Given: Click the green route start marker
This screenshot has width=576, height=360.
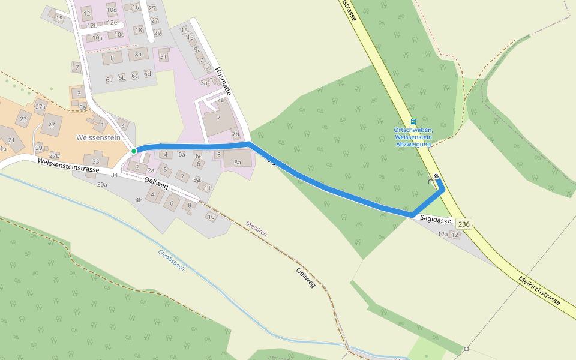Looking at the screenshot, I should pos(134,151).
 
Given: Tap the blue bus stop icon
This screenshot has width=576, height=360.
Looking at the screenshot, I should pos(413,121).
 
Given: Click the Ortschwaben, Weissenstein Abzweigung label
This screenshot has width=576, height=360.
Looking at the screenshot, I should pos(413,137).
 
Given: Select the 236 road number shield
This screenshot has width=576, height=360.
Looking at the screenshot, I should pos(464,224).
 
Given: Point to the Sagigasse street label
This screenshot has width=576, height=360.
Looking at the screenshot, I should pos(435,220).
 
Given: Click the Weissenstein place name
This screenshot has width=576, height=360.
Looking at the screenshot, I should pos(98,137).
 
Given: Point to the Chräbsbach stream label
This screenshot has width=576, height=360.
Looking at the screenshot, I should pos(171,260).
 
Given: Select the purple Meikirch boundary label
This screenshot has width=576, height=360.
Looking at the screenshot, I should pos(256,228).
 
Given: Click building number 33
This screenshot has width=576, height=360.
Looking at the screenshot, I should pos(95,161).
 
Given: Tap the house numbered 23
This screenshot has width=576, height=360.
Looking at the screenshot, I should pos(23,119).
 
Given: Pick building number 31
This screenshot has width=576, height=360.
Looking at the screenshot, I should pos(163,57).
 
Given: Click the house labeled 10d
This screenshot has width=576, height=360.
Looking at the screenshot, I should pos(112,10).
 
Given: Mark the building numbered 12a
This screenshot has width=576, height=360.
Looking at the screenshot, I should pos(443,235).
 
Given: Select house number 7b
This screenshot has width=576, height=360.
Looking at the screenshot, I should pos(235,134).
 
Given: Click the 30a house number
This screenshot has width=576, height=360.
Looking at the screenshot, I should pos(102,184).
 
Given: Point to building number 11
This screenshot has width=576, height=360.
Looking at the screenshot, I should pos(208,188).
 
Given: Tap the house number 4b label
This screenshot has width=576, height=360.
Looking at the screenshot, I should pos(139,200).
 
